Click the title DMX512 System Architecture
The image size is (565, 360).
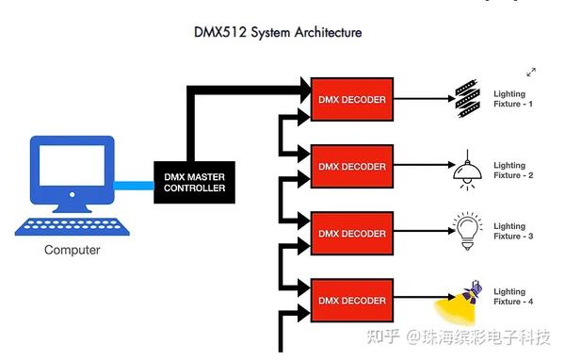tap(278, 33)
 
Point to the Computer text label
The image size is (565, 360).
tap(72, 251)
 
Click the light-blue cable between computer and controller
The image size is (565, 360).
tap(134, 185)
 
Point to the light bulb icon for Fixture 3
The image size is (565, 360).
tap(467, 232)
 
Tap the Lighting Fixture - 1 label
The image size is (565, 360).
tap(513, 98)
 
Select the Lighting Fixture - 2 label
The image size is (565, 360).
tap(513, 171)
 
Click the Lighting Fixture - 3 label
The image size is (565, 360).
tap(513, 231)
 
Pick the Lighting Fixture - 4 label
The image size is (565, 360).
tap(513, 296)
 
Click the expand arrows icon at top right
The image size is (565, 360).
tap(531, 72)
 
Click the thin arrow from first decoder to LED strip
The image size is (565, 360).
tap(419, 97)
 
